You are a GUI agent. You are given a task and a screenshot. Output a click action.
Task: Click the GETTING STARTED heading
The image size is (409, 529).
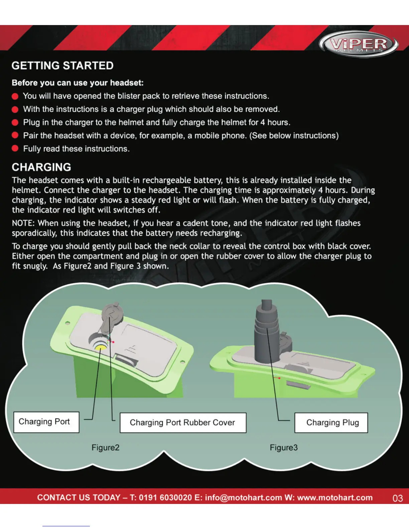pyautogui.click(x=62, y=65)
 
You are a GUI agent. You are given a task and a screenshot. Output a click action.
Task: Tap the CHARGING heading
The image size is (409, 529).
pyautogui.click(x=41, y=167)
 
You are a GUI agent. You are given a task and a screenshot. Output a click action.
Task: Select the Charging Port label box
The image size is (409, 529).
pyautogui.click(x=46, y=422)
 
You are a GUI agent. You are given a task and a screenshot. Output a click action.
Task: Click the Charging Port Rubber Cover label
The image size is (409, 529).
pyautogui.click(x=183, y=423)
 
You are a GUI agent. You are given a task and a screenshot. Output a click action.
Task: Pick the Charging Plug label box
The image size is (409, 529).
pyautogui.click(x=331, y=423)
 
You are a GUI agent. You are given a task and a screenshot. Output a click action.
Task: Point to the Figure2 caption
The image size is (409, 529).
pyautogui.click(x=105, y=448)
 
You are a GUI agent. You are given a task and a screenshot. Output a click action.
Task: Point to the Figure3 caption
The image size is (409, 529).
pyautogui.click(x=284, y=448)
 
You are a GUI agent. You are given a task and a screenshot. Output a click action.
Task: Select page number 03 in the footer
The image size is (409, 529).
pyautogui.click(x=397, y=498)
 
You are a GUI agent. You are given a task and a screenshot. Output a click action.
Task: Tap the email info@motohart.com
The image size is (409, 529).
pyautogui.click(x=243, y=498)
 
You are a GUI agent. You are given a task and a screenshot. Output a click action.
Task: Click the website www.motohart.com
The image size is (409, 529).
pyautogui.click(x=335, y=498)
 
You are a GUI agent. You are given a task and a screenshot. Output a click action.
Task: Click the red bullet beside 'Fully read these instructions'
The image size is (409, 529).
pyautogui.click(x=15, y=149)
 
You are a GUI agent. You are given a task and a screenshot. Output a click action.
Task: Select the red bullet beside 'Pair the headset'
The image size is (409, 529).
pyautogui.click(x=15, y=135)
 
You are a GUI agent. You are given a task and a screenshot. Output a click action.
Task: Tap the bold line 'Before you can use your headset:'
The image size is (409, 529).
pyautogui.click(x=78, y=83)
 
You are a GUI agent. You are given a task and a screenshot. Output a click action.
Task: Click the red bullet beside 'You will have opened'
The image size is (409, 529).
pyautogui.click(x=15, y=97)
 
